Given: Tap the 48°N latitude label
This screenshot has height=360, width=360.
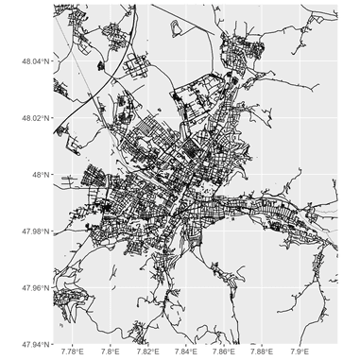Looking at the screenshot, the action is coord(42,175).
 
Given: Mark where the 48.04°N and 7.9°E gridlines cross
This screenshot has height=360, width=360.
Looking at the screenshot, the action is coord(300,61).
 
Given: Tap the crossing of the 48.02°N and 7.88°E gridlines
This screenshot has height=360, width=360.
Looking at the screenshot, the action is coord(262,118).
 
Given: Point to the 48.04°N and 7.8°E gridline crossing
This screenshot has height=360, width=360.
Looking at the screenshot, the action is coord(110,61).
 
